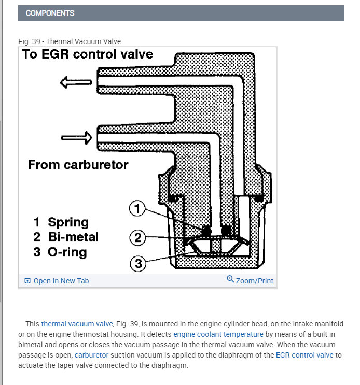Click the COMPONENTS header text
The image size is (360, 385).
(50, 13)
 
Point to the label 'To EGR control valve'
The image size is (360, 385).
(87, 54)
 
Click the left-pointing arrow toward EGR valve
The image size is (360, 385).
(76, 82)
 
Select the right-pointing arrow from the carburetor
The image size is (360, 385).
(76, 137)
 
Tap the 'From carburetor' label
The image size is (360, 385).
(78, 165)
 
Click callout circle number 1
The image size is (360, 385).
(137, 209)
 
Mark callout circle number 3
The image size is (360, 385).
(138, 264)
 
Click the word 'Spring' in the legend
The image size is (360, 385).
(68, 222)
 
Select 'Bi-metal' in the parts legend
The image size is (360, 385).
(73, 237)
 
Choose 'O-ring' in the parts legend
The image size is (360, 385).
(67, 252)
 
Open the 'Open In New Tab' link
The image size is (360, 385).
(61, 281)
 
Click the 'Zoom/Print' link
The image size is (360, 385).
(254, 281)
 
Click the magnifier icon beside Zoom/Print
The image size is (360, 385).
(230, 280)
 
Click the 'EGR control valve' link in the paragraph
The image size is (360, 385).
(304, 355)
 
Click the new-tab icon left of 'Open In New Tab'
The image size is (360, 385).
(27, 281)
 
